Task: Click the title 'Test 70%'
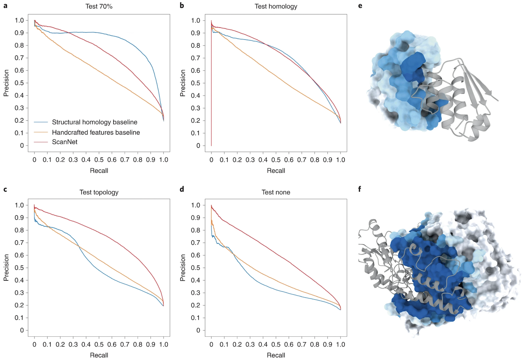(x=99, y=6)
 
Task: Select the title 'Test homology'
(x=276, y=6)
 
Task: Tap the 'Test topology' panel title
(x=99, y=192)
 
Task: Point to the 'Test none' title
(x=276, y=192)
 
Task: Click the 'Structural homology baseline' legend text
(x=94, y=122)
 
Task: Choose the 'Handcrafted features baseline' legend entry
(x=96, y=132)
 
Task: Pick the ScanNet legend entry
(x=64, y=142)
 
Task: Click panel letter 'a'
(x=5, y=6)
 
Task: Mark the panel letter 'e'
(x=360, y=6)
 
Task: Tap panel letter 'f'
(x=359, y=189)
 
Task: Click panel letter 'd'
(x=182, y=189)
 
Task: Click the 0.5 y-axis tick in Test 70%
(x=19, y=83)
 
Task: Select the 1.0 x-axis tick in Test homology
(x=340, y=160)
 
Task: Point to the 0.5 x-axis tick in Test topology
(x=99, y=344)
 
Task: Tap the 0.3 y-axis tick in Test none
(x=196, y=293)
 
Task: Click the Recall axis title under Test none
(x=276, y=355)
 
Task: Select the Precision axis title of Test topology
(x=6, y=267)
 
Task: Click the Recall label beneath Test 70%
(x=99, y=171)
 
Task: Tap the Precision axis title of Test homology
(x=183, y=83)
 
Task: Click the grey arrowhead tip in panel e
(x=498, y=100)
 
